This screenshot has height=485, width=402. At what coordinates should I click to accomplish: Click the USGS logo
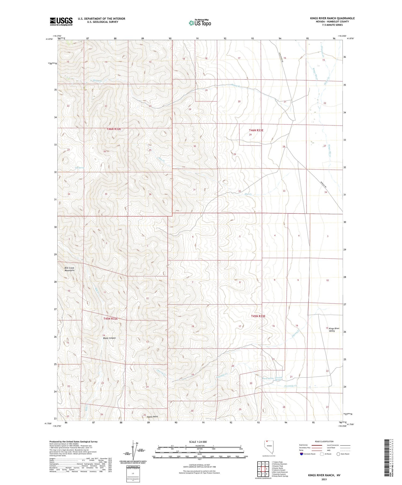coord(61,21)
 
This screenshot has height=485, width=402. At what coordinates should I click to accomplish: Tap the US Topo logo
coord(200,23)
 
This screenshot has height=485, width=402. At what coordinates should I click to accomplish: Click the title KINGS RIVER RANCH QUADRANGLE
coord(332,18)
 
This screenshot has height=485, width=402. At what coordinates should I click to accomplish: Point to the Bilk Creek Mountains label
coord(69,269)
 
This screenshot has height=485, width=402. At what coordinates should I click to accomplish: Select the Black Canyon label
coord(110,338)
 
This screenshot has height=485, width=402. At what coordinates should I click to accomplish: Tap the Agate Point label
coord(151,417)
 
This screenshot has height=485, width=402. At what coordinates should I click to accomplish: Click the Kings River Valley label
coord(334,330)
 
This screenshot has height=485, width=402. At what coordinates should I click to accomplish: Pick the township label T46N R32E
coord(114,129)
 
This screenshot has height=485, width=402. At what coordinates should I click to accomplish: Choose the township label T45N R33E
coord(258,316)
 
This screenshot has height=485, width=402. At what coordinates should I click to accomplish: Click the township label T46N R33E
coord(256,130)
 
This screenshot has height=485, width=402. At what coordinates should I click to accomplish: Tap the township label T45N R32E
coord(111,319)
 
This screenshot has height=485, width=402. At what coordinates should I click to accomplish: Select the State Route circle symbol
coord(338,454)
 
